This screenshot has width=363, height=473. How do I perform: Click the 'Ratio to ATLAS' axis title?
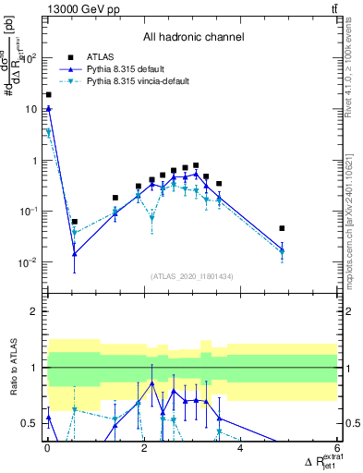(12, 368)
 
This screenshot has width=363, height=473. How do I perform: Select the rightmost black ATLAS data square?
(283, 228)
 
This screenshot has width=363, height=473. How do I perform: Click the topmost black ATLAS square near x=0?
(48, 94)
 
